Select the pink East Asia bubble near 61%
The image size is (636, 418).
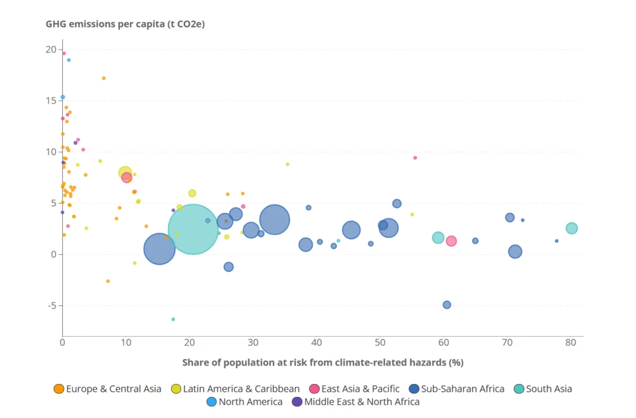pos(451,241)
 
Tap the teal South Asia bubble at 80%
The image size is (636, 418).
pos(571,229)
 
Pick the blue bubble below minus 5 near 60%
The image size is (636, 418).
pos(446,305)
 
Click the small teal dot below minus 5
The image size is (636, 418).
pos(173,319)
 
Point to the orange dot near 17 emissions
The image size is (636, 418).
pos(104,78)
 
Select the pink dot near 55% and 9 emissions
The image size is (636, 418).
pos(415,157)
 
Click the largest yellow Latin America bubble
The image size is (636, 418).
pos(125,173)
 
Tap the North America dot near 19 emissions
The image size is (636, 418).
pos(69,60)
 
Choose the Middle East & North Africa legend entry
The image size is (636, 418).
pos(361,402)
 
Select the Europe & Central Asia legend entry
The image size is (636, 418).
pos(113,389)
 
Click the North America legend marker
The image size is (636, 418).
pos(211,402)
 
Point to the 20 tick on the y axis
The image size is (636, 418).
pos(51,49)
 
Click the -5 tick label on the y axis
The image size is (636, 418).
pos(51,305)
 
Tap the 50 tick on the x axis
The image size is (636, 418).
pos(380,342)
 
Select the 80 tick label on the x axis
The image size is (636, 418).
pos(571,342)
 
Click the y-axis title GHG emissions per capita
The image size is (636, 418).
pos(125,24)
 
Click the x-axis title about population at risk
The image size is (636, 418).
pos(322,362)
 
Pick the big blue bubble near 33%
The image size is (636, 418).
pos(274,220)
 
